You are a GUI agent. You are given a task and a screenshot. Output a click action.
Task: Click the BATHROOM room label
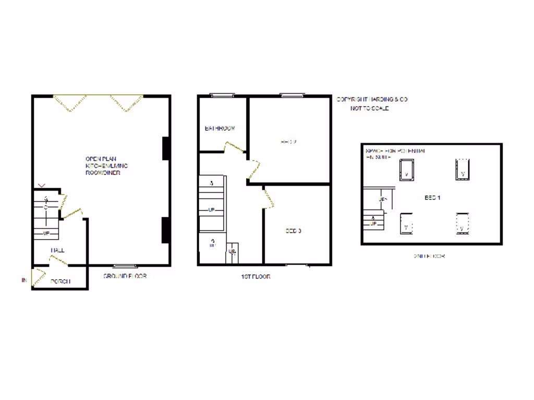point(220,128)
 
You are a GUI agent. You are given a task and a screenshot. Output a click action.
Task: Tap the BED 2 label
point(288,141)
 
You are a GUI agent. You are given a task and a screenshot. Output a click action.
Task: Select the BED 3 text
point(293,231)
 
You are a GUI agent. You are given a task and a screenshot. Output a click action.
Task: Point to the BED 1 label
point(432,198)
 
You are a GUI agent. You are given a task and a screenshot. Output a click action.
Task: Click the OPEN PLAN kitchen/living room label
point(106,166)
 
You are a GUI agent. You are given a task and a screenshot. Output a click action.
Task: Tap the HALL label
point(57,251)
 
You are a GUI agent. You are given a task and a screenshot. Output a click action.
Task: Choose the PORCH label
point(60,282)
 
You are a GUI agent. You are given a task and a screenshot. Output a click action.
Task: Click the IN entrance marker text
point(24,281)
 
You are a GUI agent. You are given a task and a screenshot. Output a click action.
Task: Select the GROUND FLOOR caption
point(125,276)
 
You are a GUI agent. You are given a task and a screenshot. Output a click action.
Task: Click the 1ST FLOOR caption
point(255,277)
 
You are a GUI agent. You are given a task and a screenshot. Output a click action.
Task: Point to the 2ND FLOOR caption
point(429,256)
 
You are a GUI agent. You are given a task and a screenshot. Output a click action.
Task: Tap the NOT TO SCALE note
point(369,108)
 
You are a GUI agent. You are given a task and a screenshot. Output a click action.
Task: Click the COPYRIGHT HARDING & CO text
point(371,99)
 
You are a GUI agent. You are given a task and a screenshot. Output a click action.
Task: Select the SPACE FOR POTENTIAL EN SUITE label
point(395,153)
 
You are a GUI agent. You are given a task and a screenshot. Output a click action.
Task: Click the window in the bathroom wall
point(222,95)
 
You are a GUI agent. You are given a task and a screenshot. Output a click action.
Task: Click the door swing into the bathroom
point(233,146)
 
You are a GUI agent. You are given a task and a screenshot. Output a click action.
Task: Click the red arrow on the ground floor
point(42,184)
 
